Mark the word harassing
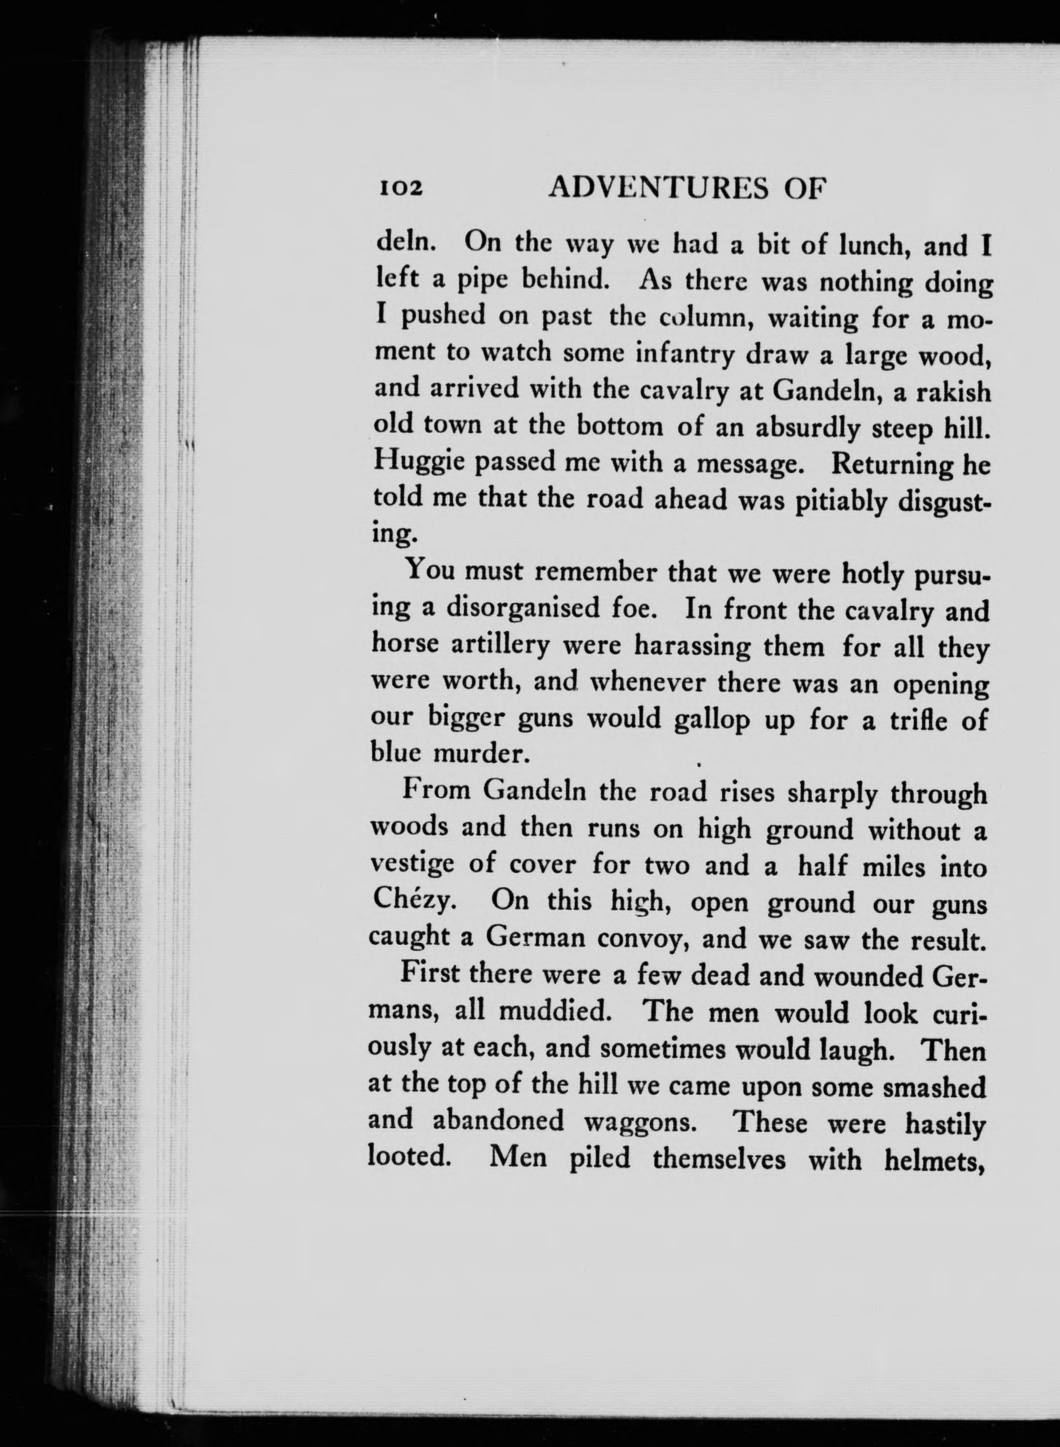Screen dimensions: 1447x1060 click(691, 645)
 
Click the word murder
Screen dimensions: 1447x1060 click(481, 753)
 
